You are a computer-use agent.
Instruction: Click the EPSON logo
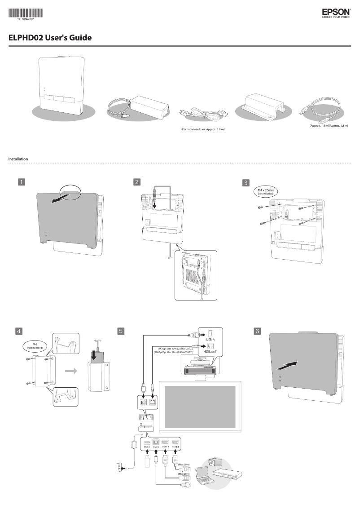tap(336, 13)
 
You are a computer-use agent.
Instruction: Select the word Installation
tap(18, 159)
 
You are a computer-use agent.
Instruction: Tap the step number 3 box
tap(246, 182)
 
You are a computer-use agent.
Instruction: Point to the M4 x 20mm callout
tap(266, 192)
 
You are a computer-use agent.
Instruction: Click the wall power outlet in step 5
tap(119, 468)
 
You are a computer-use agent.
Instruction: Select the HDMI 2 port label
tap(166, 447)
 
